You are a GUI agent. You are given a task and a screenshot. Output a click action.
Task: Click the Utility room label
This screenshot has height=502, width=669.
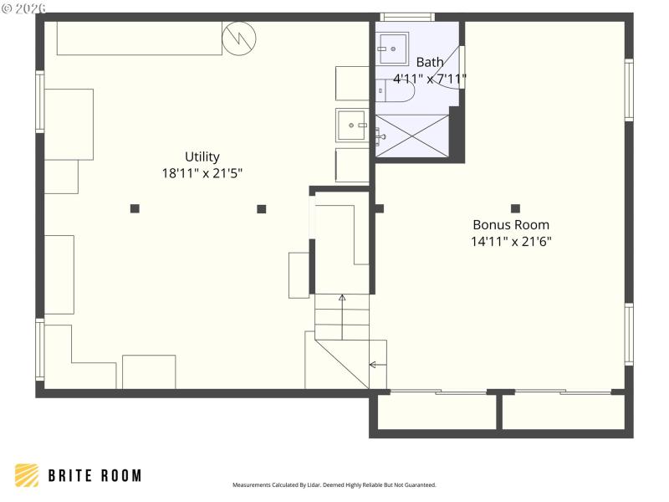tap(202, 156)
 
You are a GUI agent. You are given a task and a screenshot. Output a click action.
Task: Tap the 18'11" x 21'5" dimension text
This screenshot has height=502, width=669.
tap(202, 173)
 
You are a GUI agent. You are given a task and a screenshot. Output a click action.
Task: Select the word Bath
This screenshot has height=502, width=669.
tap(430, 62)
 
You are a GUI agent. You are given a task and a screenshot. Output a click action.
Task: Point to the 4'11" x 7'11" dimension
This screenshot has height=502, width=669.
tap(430, 79)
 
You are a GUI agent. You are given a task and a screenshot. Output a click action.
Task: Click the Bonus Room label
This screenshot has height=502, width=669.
tap(511, 224)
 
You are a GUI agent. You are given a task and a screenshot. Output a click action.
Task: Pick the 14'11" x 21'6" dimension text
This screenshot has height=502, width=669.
tap(511, 241)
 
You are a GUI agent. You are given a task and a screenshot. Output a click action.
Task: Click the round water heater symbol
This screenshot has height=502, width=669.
tap(239, 38)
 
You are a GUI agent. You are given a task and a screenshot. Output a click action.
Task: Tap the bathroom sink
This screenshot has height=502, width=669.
tap(391, 49)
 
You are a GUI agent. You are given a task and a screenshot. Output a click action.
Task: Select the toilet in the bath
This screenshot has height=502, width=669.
tap(395, 90)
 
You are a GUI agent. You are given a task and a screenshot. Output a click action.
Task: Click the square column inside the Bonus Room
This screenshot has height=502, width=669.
tap(515, 208)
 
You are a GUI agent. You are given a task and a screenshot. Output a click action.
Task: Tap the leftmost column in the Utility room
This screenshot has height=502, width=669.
tap(135, 208)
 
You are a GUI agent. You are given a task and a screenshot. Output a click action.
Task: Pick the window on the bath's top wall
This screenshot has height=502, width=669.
tap(407, 16)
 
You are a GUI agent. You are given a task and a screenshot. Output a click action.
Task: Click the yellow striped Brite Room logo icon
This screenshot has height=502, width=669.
tap(27, 475)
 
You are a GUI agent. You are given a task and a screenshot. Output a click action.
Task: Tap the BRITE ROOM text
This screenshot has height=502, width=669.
tap(94, 476)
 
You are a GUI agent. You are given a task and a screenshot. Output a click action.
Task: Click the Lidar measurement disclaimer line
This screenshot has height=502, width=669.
tap(334, 485)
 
